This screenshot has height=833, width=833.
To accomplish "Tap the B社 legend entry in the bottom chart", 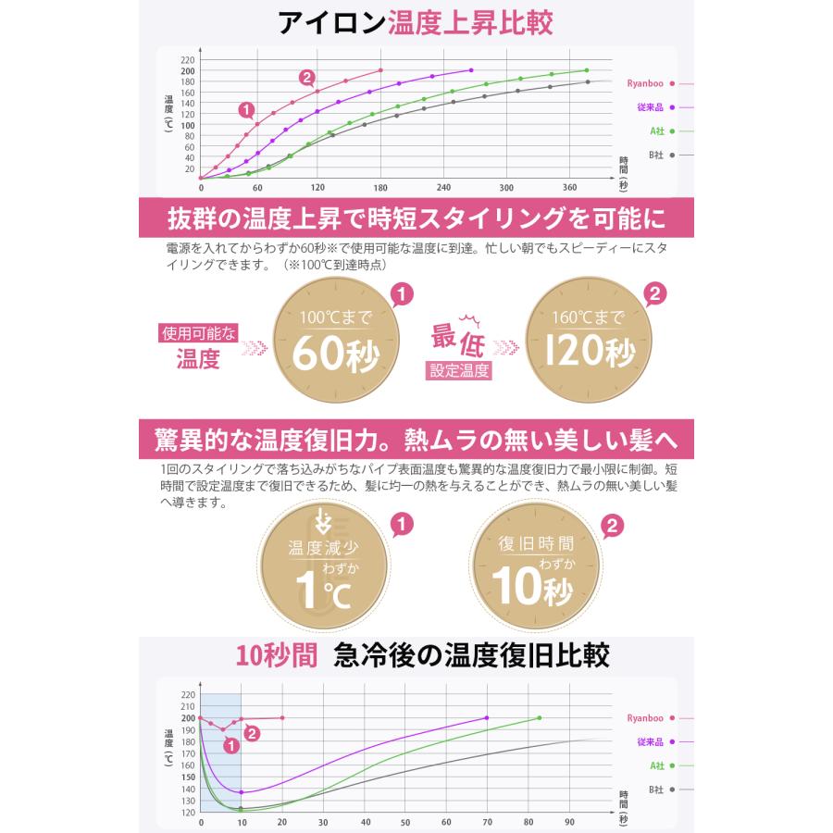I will [x=655, y=789].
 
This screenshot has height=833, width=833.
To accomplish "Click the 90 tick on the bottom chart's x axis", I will [x=568, y=822].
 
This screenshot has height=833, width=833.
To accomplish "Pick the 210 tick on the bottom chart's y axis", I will [x=189, y=706].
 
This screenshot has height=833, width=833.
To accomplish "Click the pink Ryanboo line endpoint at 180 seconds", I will [x=380, y=70].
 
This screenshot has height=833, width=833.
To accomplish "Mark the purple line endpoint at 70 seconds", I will [x=487, y=717].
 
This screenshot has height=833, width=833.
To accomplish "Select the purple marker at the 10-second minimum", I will [x=241, y=792].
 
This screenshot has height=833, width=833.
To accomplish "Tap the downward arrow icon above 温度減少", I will [x=323, y=517].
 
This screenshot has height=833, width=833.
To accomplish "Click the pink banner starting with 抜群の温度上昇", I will [x=416, y=219].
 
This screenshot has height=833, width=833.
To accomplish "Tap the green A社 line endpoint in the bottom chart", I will [x=540, y=717].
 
